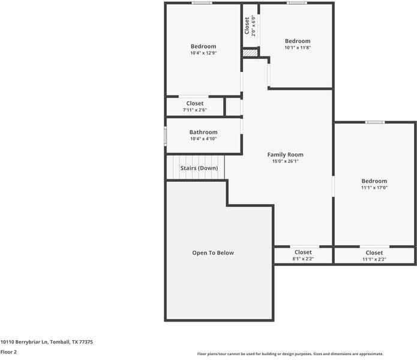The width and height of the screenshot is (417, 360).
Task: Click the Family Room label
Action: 285,155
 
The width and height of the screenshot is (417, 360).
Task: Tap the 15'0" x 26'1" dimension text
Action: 285,161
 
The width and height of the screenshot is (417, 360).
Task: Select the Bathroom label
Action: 203,132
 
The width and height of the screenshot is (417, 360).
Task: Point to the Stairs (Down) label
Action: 199,168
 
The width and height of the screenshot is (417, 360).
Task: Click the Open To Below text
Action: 213,253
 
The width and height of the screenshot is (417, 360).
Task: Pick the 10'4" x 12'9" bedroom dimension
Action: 203,53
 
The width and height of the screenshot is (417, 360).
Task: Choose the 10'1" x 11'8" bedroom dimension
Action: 298,47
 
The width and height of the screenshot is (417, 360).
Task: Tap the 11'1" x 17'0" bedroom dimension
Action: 374,187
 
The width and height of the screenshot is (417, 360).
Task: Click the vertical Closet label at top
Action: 247,26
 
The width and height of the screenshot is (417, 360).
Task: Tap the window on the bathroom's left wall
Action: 166,136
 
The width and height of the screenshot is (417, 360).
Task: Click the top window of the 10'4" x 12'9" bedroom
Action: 202,3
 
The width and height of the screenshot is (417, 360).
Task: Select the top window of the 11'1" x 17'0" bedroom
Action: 375,122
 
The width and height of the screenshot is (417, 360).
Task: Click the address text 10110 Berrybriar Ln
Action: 46,341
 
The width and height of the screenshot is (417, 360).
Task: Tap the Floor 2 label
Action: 8,352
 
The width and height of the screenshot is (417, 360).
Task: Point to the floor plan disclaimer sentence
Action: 290,354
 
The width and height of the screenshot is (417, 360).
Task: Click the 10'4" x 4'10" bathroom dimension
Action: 203,139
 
